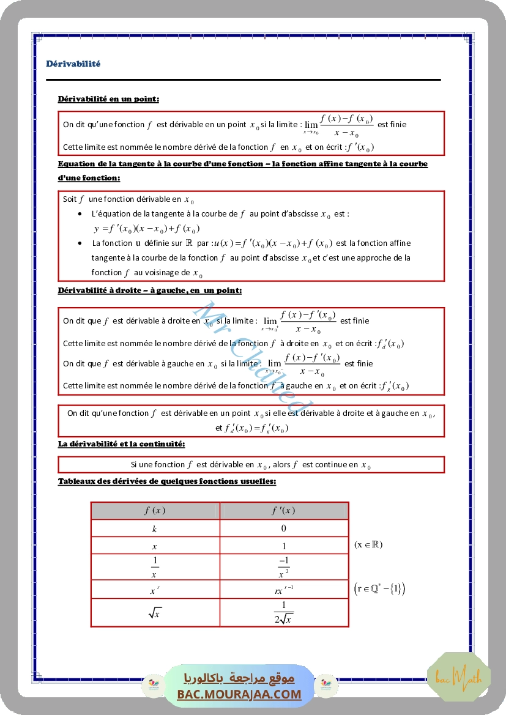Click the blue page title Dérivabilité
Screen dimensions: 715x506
(x=73, y=64)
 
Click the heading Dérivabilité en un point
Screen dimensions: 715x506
(x=109, y=98)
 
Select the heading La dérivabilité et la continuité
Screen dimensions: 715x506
(x=121, y=443)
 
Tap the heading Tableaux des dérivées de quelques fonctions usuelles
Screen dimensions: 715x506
(x=167, y=481)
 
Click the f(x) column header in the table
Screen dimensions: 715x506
(x=155, y=511)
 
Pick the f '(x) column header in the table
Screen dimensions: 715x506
(x=283, y=511)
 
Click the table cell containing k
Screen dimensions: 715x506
(x=155, y=528)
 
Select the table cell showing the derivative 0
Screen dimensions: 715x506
(x=283, y=528)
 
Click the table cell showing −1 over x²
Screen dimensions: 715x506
(x=283, y=567)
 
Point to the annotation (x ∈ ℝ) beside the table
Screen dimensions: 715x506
(x=368, y=544)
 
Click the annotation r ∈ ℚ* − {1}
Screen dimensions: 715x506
(x=379, y=589)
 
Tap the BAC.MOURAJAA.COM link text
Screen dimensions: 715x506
(x=239, y=694)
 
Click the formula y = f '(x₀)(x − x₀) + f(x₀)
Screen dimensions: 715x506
(x=147, y=229)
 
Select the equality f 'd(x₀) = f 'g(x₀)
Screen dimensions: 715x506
(x=251, y=428)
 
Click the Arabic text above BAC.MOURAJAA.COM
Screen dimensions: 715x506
(x=239, y=678)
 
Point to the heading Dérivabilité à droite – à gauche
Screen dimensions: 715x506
(x=149, y=291)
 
